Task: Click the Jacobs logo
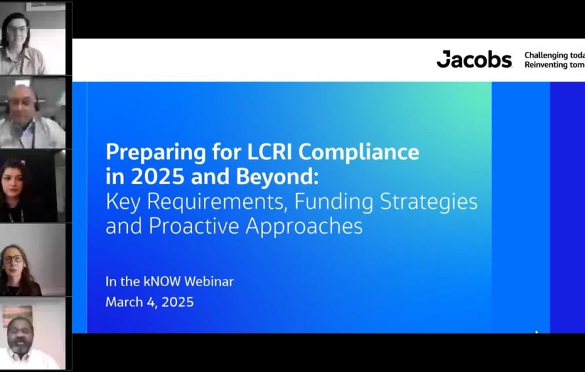pos(474,60)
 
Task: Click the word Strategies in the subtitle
pos(427,202)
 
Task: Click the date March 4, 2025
pos(150,302)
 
